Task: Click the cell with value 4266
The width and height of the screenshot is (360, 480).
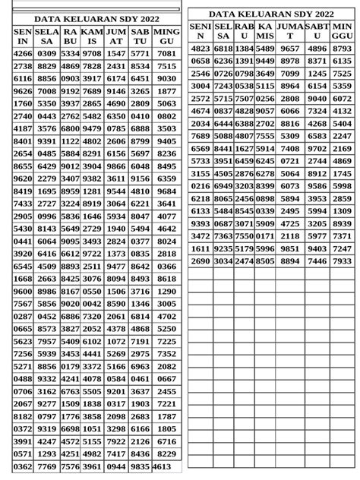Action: [x=23, y=54]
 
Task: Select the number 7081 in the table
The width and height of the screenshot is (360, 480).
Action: [x=166, y=54]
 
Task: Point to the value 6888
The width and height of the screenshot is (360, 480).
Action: [x=141, y=128]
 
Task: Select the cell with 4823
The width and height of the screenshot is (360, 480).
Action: [x=201, y=48]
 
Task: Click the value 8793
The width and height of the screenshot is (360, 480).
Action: [x=342, y=48]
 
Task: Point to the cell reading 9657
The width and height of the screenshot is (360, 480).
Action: [x=290, y=48]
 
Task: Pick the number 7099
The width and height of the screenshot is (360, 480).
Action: [x=290, y=74]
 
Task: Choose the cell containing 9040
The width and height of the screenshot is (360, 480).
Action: [x=317, y=98]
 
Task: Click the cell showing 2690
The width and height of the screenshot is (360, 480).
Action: [x=201, y=261]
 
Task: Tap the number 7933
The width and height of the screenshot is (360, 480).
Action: [x=342, y=261]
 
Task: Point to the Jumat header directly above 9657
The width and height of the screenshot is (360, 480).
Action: [x=290, y=31]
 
